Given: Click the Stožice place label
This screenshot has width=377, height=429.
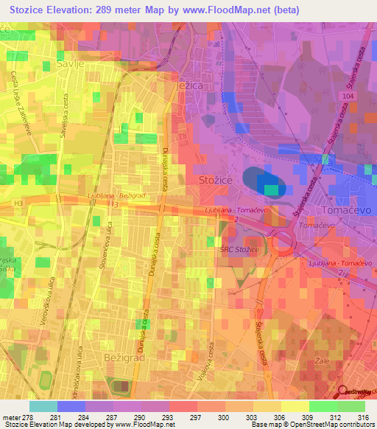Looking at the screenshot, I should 214,179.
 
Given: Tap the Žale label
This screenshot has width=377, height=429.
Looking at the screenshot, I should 322,361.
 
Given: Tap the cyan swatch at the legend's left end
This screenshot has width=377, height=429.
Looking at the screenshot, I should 43,406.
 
